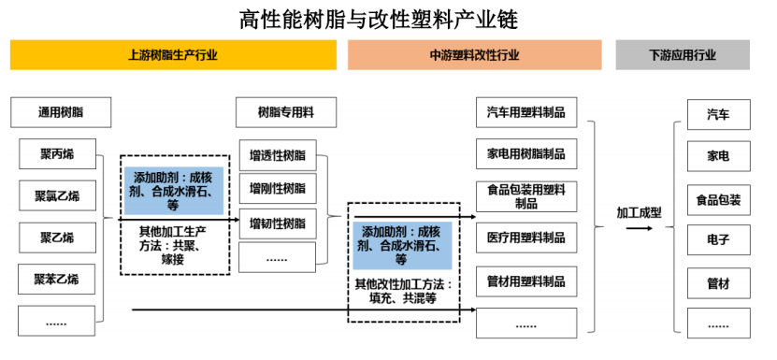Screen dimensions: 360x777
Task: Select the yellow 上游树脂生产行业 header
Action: tap(173, 55)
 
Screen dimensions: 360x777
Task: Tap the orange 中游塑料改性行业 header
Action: tap(474, 55)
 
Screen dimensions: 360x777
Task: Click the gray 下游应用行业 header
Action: tap(682, 55)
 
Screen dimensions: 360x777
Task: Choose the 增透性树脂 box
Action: tap(278, 154)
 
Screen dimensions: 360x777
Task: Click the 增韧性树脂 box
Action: tap(278, 223)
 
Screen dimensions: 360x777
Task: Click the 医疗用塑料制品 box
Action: tap(525, 238)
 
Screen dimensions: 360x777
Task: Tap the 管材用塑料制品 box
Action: tap(525, 281)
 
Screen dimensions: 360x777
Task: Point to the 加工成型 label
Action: tap(639, 212)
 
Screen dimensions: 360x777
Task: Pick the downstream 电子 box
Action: tap(718, 239)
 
